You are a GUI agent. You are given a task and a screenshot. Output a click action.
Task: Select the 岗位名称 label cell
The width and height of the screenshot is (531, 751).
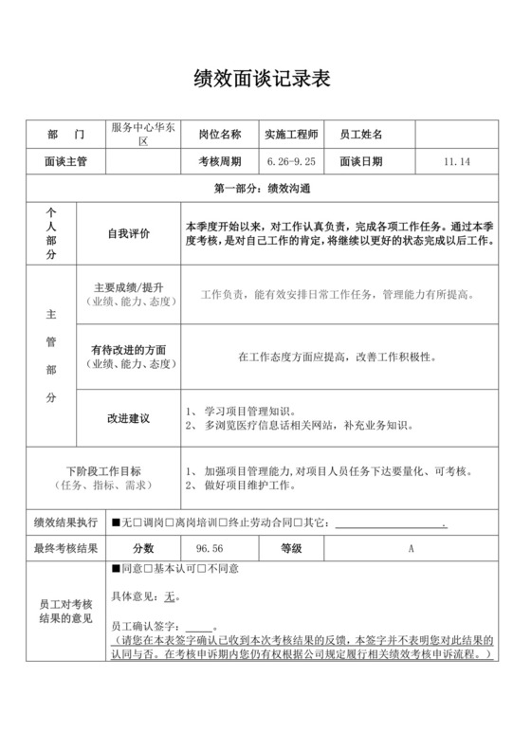[x=220, y=135]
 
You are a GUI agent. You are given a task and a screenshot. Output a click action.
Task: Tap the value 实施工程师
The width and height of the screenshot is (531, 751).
[x=292, y=135]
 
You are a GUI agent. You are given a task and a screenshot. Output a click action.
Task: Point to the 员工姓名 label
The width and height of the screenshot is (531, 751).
[x=361, y=135]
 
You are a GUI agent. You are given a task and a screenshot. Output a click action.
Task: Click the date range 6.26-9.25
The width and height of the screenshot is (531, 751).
[x=292, y=161]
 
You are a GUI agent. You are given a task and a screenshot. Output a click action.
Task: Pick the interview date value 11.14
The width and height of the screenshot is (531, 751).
[x=456, y=161]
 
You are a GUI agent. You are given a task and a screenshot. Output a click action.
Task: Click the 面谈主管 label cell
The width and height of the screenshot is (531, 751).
[x=65, y=161]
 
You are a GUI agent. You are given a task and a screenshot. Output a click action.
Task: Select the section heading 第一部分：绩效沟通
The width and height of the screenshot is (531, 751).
[x=265, y=188]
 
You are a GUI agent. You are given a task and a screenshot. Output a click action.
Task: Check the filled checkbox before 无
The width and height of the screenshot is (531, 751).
[x=115, y=522]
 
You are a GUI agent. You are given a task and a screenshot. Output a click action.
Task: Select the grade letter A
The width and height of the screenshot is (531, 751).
[x=412, y=547]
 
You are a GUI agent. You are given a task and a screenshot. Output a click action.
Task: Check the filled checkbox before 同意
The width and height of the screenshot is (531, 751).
[x=115, y=569]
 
